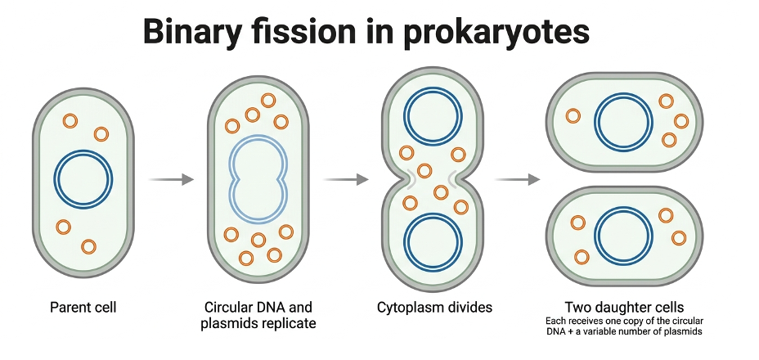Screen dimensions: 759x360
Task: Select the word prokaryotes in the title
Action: [496, 33]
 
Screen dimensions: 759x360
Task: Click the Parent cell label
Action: [83, 307]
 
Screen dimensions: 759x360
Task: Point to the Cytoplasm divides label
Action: [434, 307]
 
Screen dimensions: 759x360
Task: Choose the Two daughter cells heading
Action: [624, 307]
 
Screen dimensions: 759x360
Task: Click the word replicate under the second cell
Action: [289, 323]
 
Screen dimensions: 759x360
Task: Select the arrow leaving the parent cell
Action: [171, 180]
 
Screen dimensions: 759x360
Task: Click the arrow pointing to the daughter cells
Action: [517, 180]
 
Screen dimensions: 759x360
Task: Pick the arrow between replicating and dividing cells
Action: [346, 180]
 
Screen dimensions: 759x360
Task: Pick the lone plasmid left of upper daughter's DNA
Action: [573, 116]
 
